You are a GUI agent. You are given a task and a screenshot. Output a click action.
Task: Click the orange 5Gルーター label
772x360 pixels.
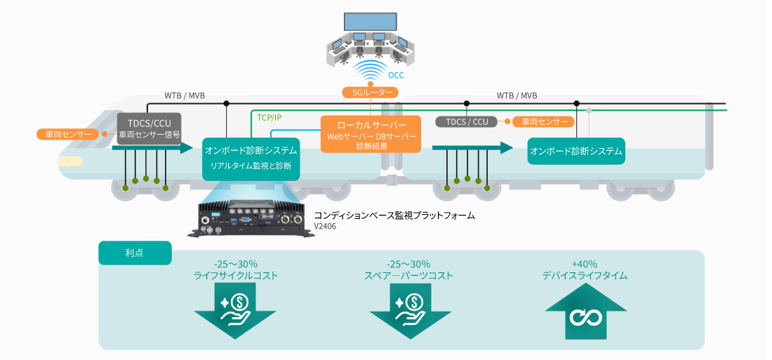370,92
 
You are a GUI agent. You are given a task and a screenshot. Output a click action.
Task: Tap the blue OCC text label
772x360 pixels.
396,75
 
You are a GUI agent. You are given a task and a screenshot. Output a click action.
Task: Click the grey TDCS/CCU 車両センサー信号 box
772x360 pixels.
149,128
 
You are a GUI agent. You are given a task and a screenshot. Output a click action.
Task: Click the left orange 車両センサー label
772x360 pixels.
68,133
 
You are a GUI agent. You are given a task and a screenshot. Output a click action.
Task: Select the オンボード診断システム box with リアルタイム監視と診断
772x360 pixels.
251,158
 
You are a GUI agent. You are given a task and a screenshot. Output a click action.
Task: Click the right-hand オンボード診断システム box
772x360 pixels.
576,151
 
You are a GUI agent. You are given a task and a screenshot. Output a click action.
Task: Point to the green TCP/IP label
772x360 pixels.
269,117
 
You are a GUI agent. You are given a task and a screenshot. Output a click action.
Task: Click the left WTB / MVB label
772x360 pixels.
185,95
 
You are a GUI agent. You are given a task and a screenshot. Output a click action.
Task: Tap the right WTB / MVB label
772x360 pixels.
517,95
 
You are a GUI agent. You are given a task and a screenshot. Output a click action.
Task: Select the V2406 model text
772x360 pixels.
325,226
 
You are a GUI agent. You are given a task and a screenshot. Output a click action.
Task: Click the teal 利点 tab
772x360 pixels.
135,253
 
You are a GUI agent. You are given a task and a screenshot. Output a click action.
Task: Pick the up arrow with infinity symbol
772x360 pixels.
585,314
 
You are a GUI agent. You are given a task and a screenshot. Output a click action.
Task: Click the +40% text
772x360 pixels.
585,264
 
